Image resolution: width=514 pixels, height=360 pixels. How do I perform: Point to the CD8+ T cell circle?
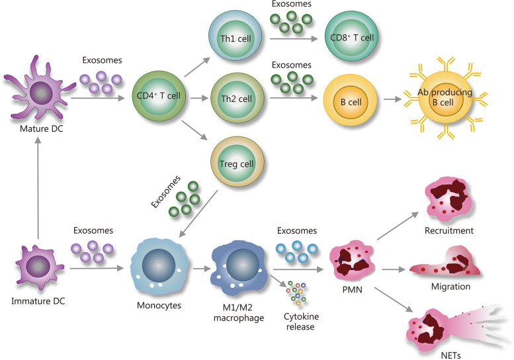353,36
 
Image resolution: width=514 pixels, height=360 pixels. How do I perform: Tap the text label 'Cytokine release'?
298,322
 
